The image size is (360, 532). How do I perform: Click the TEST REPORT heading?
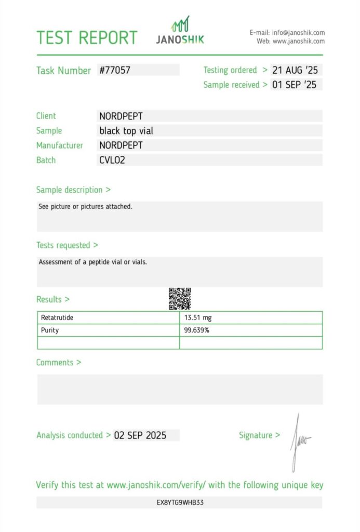click(x=87, y=38)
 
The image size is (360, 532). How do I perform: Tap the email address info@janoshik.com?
click(x=298, y=33)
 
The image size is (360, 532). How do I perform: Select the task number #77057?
click(x=115, y=70)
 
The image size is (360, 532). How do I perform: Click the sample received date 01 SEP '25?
click(x=294, y=85)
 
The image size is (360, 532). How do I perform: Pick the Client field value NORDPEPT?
click(x=121, y=116)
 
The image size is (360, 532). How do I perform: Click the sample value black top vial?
click(x=126, y=131)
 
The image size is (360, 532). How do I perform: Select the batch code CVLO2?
click(x=112, y=160)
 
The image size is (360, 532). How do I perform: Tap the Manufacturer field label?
click(x=59, y=145)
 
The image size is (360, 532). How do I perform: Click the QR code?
click(x=180, y=299)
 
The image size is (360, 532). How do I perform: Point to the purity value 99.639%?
click(x=196, y=330)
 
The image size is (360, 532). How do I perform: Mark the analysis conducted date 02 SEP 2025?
click(x=140, y=435)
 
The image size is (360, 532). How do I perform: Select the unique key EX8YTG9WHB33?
click(x=180, y=503)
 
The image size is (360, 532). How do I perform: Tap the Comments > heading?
click(x=59, y=363)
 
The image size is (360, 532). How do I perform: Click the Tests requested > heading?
click(x=67, y=245)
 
